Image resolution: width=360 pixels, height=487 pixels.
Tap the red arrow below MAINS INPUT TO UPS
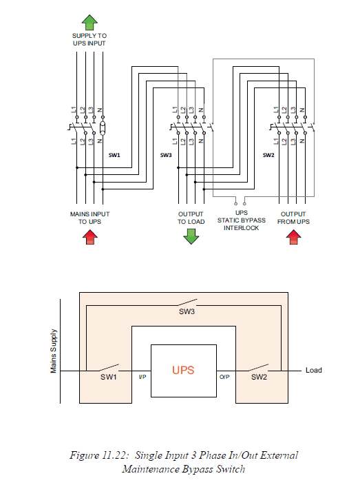[89, 237]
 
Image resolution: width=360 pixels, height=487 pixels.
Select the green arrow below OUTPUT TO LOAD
[191, 236]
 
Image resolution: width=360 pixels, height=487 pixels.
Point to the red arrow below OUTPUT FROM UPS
[295, 237]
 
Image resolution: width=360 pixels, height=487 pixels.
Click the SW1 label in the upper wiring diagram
[115, 156]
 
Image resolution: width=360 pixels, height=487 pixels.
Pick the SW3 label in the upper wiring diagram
[166, 156]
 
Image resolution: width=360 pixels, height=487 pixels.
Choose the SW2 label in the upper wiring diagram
[268, 156]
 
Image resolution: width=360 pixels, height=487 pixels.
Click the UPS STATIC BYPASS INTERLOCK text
[241, 221]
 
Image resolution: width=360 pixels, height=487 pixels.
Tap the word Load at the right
[314, 371]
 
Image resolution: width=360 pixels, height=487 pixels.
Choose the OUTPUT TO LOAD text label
[191, 218]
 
